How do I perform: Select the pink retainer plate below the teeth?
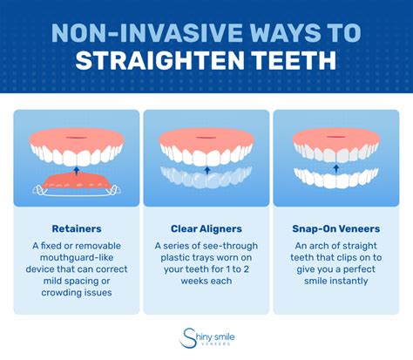[x=76, y=181]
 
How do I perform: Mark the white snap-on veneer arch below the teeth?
[x=336, y=177]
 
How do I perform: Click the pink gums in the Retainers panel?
[x=76, y=137]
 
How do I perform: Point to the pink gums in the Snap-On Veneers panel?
[x=336, y=137]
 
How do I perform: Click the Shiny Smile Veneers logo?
[x=206, y=336]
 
